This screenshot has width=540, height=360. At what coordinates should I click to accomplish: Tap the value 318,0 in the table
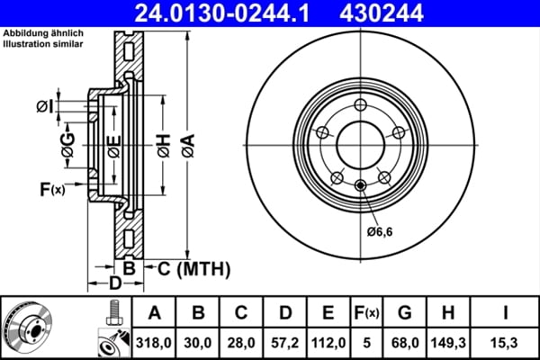[154, 342]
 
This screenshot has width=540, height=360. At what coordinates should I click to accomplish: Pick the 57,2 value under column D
[285, 342]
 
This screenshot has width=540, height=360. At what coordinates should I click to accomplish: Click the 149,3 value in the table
[447, 342]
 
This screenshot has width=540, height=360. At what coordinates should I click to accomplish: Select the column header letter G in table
[405, 313]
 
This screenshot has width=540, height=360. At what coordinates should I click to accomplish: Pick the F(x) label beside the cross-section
[51, 189]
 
